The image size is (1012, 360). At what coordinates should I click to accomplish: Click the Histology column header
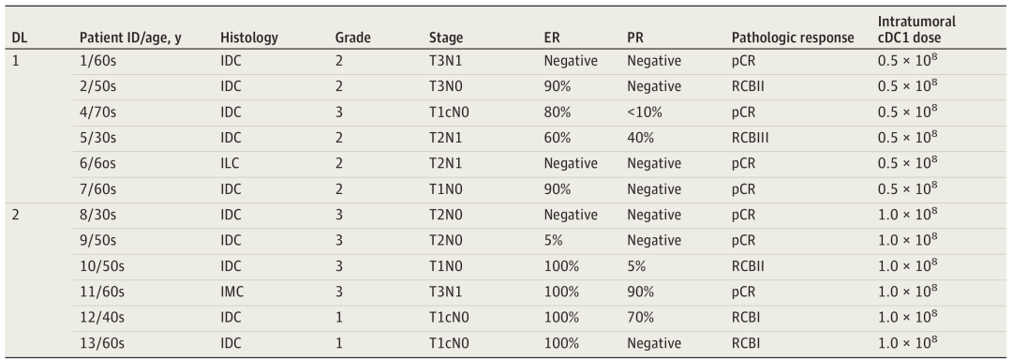pos(248,38)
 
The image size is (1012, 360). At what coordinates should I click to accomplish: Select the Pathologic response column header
pos(793,38)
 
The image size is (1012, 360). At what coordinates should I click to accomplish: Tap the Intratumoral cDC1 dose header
pos(916,30)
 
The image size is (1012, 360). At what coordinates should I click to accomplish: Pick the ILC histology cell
pos(230,164)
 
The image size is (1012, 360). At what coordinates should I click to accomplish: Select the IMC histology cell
pos(231,292)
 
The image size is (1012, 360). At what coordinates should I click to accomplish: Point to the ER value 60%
pos(558,138)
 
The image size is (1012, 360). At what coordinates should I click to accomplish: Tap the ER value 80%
pos(558,112)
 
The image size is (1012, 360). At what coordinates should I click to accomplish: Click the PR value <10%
pos(644,112)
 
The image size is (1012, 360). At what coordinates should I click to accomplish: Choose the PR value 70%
pos(640,318)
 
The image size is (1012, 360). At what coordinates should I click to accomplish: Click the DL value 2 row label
pos(16,215)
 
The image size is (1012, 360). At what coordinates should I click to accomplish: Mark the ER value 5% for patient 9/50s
pos(554,241)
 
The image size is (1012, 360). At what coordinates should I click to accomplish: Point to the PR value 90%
pos(640,292)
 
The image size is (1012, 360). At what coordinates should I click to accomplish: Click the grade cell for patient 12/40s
pos(339,318)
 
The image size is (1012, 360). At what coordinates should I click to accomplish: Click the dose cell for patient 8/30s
pos(907,214)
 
